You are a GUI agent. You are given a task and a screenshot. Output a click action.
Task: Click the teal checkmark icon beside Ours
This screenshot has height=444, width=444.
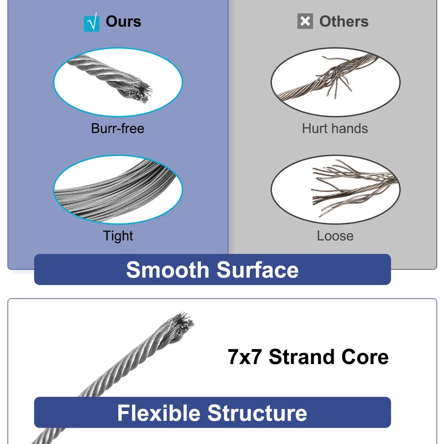[92, 23]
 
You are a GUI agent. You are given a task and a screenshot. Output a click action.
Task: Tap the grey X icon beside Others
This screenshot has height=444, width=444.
[305, 21]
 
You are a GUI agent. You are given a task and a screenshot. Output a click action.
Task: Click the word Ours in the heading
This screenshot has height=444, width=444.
[123, 22]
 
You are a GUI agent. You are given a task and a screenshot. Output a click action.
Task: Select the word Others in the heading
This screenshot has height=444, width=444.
[344, 22]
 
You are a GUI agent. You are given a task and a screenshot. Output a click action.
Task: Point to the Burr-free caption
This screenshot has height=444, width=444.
[118, 128]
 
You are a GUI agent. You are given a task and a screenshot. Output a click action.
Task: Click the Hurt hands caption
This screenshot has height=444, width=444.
[335, 128]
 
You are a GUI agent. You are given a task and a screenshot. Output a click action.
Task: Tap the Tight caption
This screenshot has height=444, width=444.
[118, 236]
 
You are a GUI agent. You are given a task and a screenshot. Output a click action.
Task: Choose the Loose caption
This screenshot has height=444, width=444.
[335, 236]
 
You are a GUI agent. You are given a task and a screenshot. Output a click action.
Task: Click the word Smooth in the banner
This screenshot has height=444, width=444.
[168, 270]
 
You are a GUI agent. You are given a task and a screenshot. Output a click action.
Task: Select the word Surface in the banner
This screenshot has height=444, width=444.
[258, 270]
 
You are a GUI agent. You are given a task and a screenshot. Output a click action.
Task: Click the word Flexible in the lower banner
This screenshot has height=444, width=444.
[159, 413]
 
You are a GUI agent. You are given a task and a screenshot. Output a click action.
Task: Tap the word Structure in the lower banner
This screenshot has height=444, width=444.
[257, 413]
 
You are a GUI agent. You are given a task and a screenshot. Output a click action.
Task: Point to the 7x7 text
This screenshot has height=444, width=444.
[245, 357]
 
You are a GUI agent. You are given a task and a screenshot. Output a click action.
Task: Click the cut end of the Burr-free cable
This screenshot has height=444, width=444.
[142, 93]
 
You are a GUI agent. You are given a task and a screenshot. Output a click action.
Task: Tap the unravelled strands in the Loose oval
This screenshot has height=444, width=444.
[354, 187]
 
